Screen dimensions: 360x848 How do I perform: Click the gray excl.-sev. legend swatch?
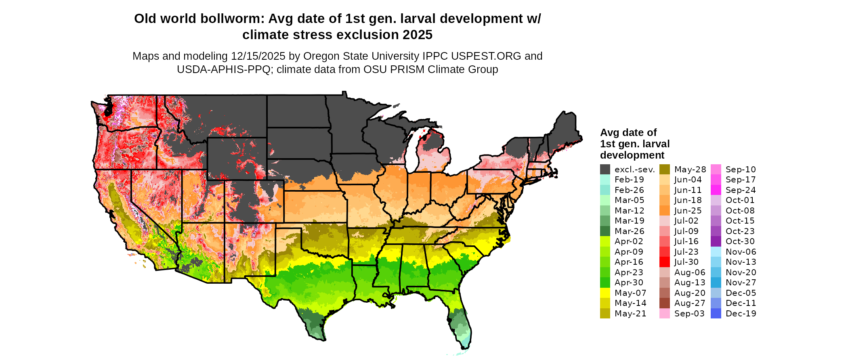605,170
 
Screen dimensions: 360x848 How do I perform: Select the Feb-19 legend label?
629,180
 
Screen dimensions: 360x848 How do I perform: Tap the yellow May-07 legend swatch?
605,293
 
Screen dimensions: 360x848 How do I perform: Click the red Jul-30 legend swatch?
665,262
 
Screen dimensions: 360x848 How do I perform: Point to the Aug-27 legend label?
690,303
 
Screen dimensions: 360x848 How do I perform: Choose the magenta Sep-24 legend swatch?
716,190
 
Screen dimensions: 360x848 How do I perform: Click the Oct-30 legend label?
740,241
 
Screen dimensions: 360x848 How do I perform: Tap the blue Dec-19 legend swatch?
716,314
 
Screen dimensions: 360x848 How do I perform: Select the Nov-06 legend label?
741,252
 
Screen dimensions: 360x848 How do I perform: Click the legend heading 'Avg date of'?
628,133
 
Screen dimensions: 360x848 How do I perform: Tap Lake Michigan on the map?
412,153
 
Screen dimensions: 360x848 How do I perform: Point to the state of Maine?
565,129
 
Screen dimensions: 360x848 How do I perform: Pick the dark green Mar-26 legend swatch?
605,231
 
